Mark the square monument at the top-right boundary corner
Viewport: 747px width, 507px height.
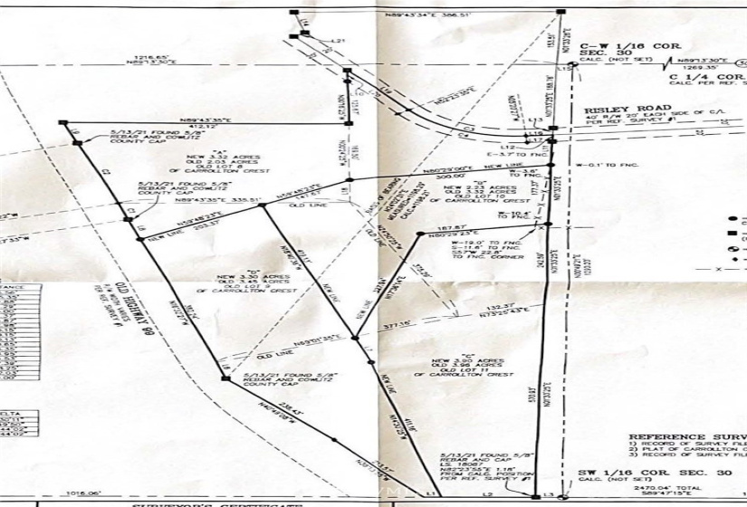(560, 12)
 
